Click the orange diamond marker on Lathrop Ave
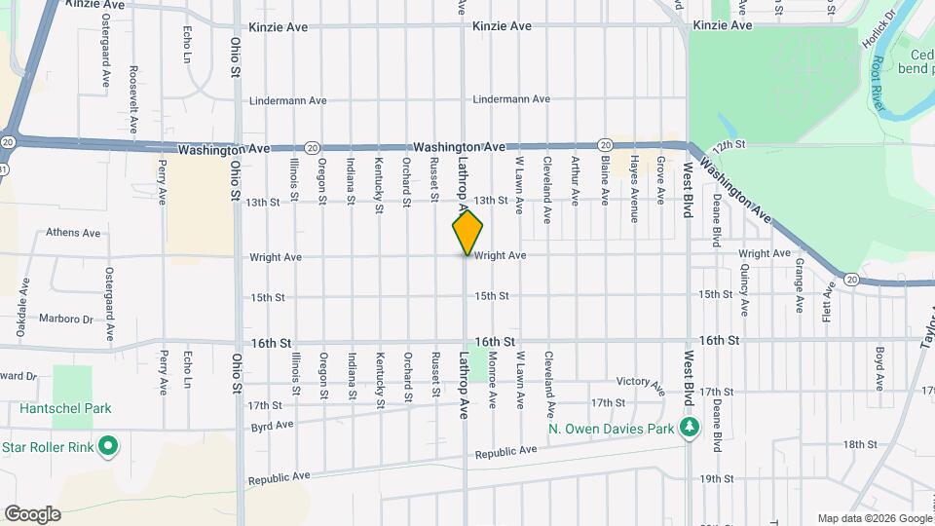(x=467, y=232)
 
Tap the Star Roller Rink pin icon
(x=108, y=447)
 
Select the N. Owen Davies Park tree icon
(x=690, y=428)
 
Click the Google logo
(x=32, y=514)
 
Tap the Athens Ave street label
(x=73, y=233)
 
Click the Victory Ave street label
(x=640, y=381)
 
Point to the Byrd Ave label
(x=272, y=426)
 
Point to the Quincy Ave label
(x=744, y=293)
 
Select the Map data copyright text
(x=875, y=518)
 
